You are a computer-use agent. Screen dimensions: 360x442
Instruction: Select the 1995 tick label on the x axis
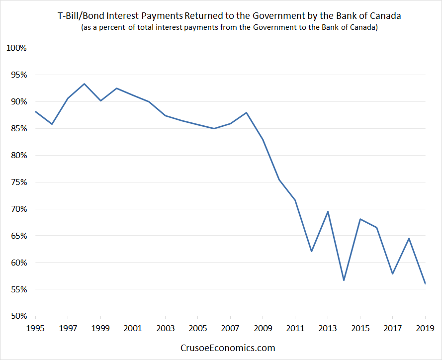35,328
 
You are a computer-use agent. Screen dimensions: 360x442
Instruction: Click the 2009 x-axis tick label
263,328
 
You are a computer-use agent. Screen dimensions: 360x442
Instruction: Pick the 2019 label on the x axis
425,328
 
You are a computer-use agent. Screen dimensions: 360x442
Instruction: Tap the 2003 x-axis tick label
166,328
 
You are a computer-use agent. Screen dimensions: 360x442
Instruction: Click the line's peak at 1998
84,84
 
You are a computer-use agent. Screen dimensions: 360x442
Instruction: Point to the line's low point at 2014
344,280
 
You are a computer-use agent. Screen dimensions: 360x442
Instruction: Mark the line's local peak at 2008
247,112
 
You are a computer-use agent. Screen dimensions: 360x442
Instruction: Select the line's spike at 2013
328,212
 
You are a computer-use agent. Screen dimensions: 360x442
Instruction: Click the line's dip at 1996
52,124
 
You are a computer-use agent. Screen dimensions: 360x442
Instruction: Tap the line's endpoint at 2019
425,283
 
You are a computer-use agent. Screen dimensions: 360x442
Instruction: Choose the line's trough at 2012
311,252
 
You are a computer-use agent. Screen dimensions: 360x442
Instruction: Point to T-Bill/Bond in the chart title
81,16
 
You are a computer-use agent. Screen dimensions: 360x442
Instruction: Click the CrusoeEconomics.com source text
228,348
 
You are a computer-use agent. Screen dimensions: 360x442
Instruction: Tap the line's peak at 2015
360,219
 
